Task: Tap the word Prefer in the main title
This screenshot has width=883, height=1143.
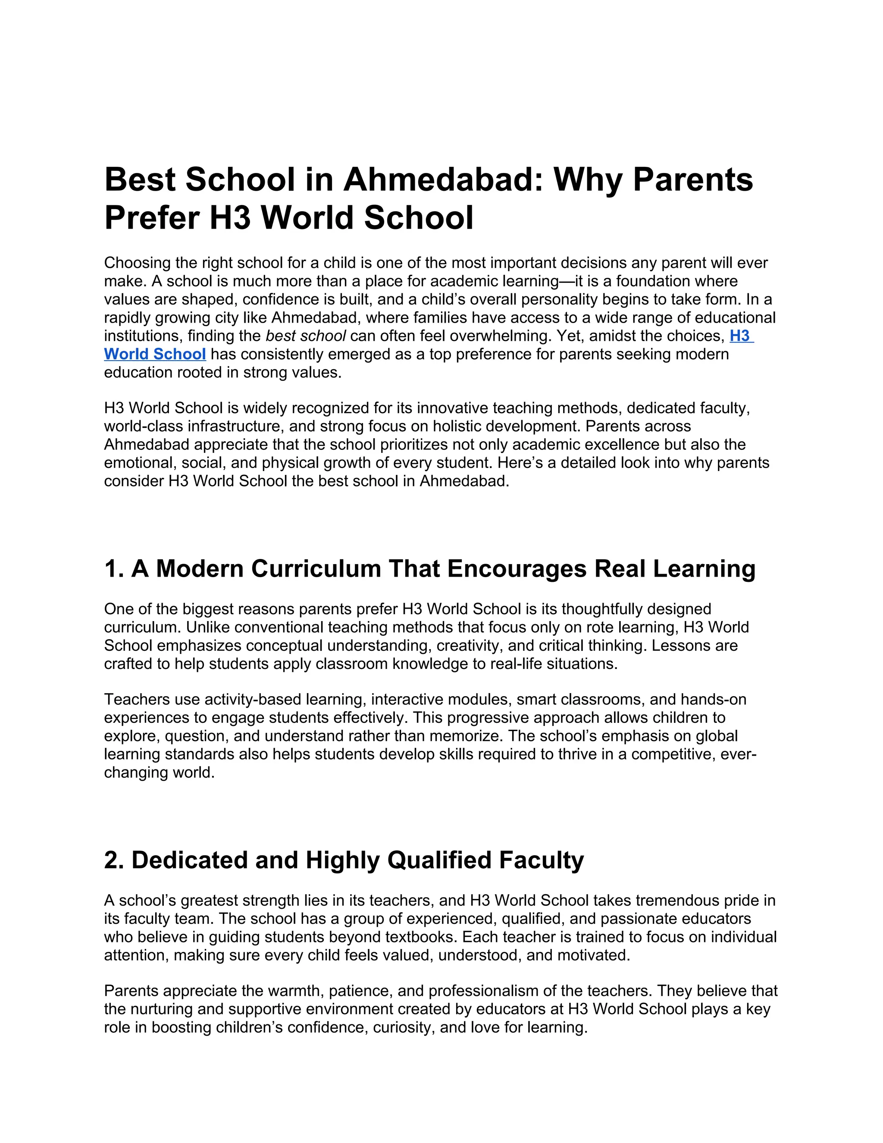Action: pyautogui.click(x=152, y=218)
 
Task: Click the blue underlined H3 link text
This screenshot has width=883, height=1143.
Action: pyautogui.click(x=740, y=336)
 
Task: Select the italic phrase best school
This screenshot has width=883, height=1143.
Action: pyautogui.click(x=306, y=336)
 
